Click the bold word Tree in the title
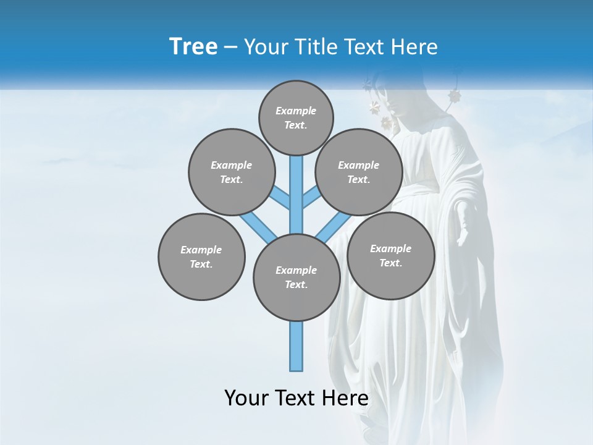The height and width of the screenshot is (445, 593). click(x=193, y=47)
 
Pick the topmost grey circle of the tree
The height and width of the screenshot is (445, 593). click(x=296, y=117)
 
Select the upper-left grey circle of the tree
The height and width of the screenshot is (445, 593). click(x=231, y=172)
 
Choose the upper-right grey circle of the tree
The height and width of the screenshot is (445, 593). click(x=358, y=172)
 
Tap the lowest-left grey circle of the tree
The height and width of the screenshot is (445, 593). click(x=201, y=256)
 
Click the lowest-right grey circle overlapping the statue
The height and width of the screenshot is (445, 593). click(x=390, y=255)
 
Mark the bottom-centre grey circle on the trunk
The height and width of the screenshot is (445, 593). click(x=296, y=277)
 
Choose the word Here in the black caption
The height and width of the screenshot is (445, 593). click(x=346, y=398)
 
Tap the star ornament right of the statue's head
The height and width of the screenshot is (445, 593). click(x=455, y=96)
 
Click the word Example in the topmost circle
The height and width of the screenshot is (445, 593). click(x=296, y=111)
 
